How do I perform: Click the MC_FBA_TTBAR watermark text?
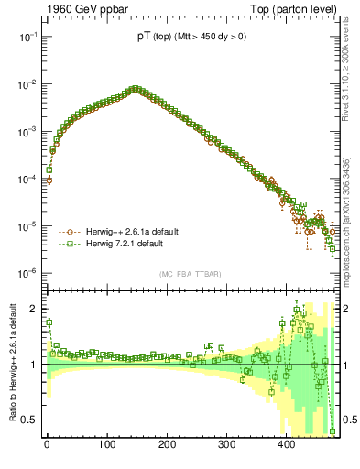pos(191,275)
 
